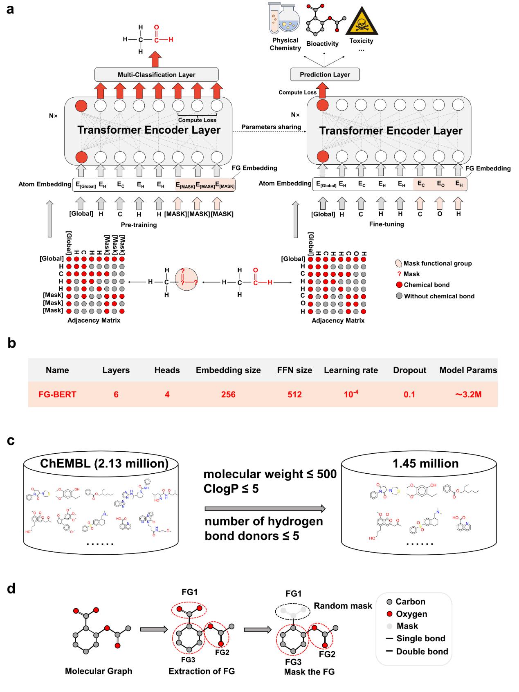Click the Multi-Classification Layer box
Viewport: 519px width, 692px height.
pos(156,75)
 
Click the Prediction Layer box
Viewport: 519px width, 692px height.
pos(325,74)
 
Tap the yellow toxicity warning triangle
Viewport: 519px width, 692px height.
pos(361,22)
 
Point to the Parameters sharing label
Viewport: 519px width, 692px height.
pos(271,127)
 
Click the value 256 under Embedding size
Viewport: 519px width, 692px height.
pos(228,394)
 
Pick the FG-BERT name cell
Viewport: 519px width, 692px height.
pos(57,394)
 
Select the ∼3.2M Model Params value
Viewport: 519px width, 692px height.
pos(468,394)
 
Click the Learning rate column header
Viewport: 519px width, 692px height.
pos(351,370)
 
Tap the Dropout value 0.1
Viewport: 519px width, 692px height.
pos(409,394)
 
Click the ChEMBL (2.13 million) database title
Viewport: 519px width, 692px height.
pos(104,464)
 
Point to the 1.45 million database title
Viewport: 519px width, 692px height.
pos(425,464)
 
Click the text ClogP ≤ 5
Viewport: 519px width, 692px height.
pos(231,488)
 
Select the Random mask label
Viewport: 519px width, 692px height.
pos(343,606)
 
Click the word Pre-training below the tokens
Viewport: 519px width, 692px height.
pos(139,225)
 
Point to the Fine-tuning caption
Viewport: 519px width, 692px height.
pos(386,224)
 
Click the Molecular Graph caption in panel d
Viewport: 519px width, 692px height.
pos(99,671)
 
